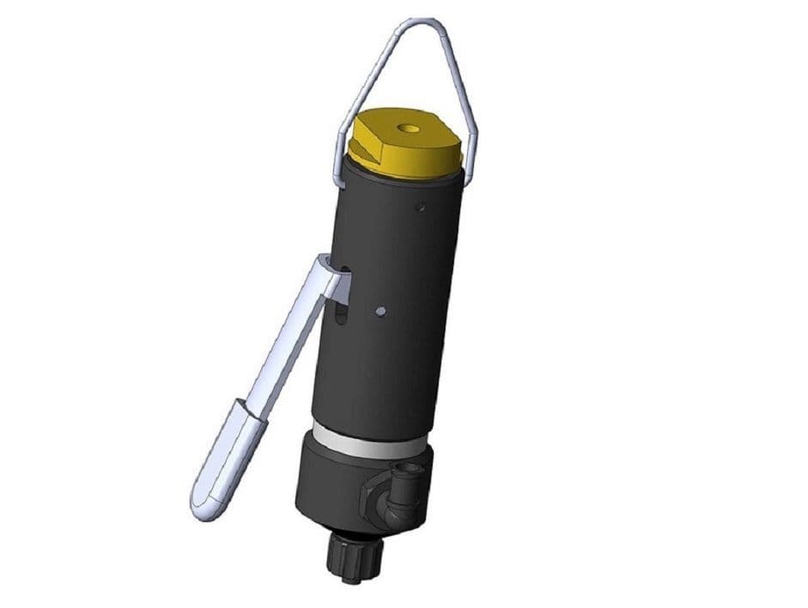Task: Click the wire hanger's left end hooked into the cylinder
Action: point(341,176)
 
